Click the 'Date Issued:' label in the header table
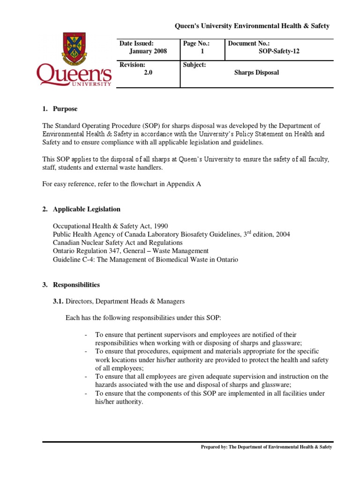pyautogui.click(x=136, y=43)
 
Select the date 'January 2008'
pyautogui.click(x=148, y=52)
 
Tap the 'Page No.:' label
pyautogui.click(x=196, y=43)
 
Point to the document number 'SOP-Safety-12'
pyautogui.click(x=279, y=52)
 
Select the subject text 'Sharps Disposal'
pyautogui.click(x=256, y=73)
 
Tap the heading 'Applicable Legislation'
pyautogui.click(x=87, y=209)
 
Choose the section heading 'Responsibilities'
pyautogui.click(x=76, y=285)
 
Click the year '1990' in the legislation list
pyautogui.click(x=159, y=226)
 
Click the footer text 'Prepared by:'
pyautogui.click(x=214, y=447)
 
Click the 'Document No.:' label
pyautogui.click(x=249, y=43)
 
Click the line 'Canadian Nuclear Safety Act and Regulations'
pyautogui.click(x=118, y=243)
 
